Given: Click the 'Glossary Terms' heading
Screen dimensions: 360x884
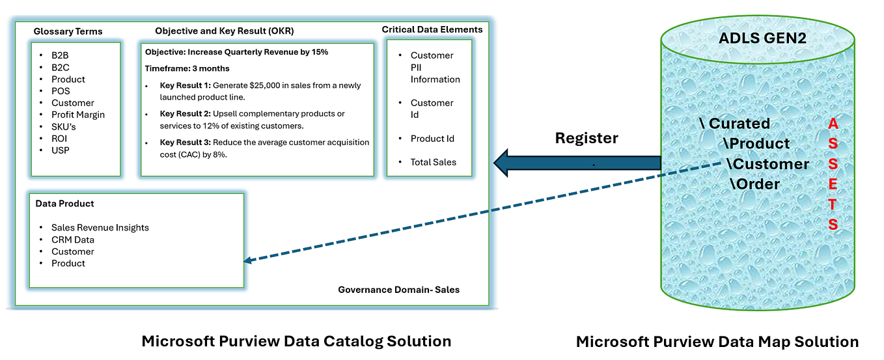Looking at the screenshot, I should pos(68,31).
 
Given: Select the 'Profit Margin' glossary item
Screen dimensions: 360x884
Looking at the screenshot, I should pos(78,115).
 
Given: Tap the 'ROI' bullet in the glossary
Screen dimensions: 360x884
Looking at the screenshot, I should pos(59,138).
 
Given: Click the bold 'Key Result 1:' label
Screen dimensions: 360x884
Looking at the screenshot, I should pos(185,85).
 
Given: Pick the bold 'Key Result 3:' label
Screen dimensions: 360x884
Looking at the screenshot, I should pos(185,142).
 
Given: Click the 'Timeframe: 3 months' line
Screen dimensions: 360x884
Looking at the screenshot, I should pos(187,68).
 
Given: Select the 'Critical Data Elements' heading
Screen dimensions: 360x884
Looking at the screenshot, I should pos(432,29).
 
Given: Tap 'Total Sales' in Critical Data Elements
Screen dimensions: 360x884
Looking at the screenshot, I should pos(433,162).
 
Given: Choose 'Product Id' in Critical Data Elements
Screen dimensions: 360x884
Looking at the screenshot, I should pos(432,139).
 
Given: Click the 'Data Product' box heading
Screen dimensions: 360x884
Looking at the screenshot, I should pos(64,204).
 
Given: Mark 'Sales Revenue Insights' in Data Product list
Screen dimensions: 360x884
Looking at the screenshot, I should pos(100,228).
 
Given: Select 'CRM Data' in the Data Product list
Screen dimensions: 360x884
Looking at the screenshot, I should pos(73,240).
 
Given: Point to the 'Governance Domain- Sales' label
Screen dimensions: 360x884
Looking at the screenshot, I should pos(398,290).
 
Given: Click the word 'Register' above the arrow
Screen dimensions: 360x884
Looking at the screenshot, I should pos(586,138).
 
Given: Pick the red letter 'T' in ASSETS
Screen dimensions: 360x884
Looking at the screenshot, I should pos(833,204).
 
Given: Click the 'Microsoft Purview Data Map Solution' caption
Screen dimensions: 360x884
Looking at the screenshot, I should pos(717,341).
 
